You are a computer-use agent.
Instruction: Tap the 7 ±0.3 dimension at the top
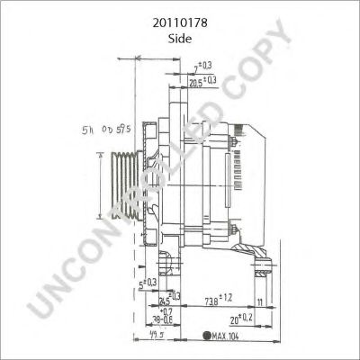202,67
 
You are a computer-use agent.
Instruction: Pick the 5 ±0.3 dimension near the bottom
144,283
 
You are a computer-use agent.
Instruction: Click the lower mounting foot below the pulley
165,265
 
